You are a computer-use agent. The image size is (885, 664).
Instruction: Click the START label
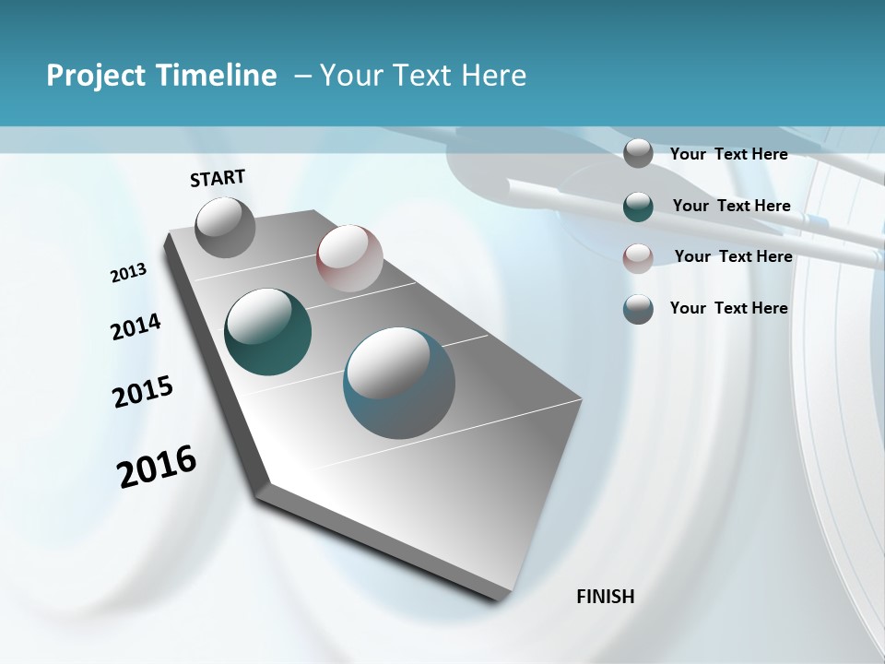coord(218,178)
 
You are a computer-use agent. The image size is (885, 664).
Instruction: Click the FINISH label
coord(606,597)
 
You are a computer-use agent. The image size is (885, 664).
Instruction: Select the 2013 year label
coord(128,273)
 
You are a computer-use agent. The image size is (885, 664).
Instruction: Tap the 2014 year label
coord(136,327)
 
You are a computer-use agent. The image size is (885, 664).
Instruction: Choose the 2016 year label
coord(158,467)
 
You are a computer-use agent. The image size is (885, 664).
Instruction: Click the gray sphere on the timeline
coord(226,227)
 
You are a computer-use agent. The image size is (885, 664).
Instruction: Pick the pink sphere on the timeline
coord(349,258)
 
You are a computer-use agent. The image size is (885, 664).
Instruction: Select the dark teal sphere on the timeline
coord(268,332)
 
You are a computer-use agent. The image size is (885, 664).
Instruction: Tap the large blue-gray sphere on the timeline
coord(399,383)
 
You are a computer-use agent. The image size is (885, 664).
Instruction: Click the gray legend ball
coord(638,153)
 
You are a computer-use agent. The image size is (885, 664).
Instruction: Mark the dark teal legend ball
coord(638,206)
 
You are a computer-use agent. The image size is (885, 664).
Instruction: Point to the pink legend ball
coord(638,257)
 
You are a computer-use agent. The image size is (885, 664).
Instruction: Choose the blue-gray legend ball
coord(638,309)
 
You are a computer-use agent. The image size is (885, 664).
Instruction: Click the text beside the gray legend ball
coord(728,154)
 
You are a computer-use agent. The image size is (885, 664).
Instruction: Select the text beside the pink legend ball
coord(733,256)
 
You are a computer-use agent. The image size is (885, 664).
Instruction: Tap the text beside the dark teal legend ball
coord(731,206)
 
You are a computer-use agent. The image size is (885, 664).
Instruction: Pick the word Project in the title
coord(94,76)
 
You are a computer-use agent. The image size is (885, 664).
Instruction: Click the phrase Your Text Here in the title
coord(423,76)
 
